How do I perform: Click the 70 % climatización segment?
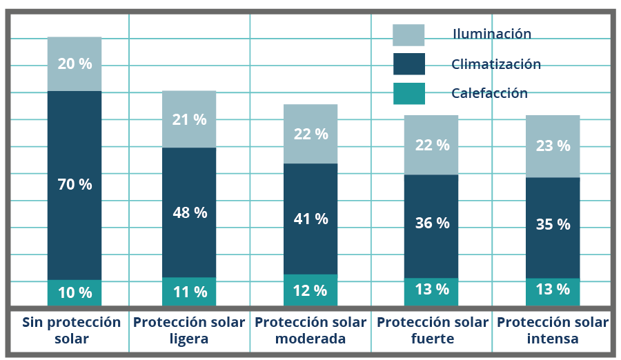click(75, 185)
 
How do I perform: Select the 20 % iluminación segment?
click(75, 63)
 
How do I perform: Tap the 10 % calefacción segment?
click(75, 292)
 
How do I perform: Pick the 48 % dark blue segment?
click(189, 212)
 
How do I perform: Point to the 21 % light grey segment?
click(189, 119)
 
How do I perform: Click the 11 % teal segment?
click(189, 292)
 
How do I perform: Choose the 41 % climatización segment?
click(310, 219)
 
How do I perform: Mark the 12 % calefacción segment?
click(310, 290)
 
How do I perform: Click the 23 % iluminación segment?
click(553, 146)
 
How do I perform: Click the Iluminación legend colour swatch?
click(408, 35)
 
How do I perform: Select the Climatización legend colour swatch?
click(408, 64)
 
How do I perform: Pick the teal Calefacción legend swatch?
click(408, 93)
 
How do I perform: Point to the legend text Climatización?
click(495, 64)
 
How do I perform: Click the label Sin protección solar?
click(71, 330)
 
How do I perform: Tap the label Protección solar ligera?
click(189, 330)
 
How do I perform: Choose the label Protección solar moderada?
click(310, 330)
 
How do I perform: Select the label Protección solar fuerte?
click(433, 330)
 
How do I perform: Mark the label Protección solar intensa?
click(553, 330)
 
